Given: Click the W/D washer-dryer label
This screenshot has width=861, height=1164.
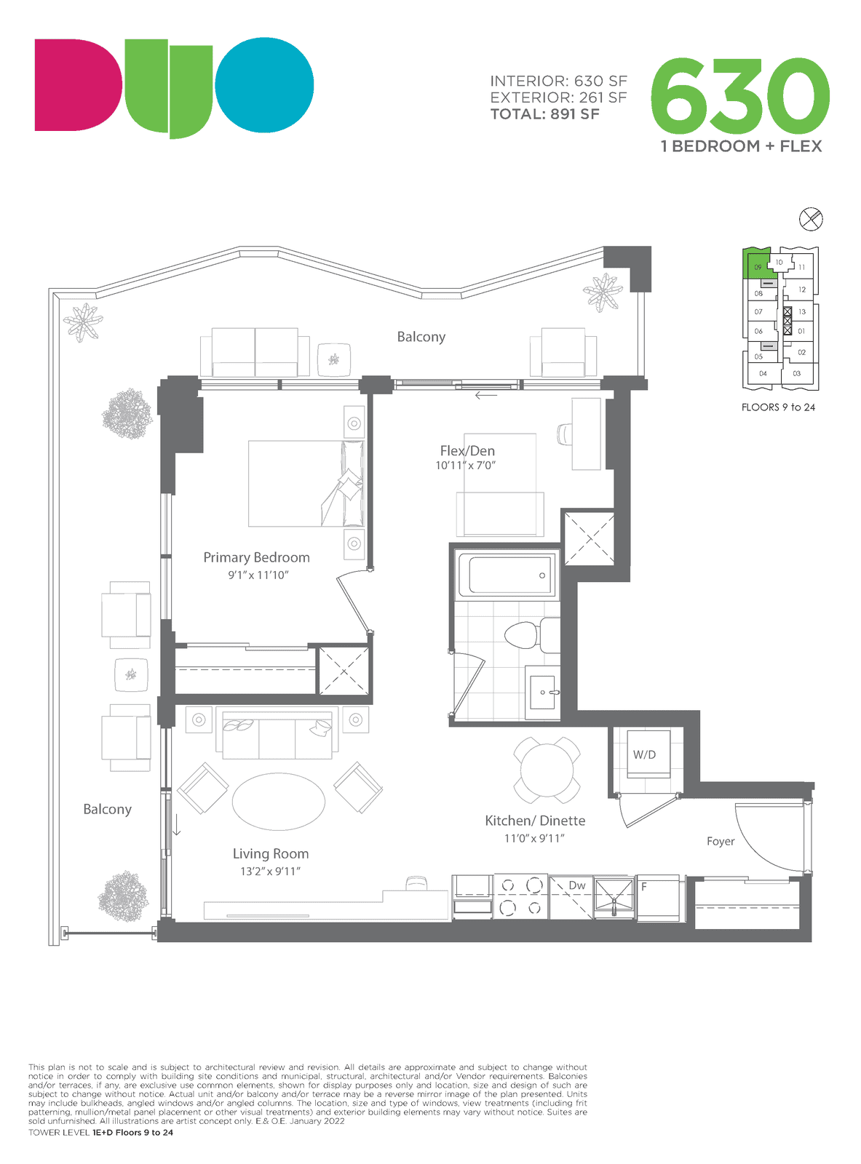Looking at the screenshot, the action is click(x=643, y=754).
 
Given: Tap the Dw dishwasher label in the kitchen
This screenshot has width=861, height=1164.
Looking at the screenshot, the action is click(x=576, y=885).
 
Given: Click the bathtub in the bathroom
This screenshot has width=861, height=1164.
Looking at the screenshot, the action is click(x=506, y=575).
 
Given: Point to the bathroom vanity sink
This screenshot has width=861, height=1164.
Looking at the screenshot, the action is click(x=542, y=692).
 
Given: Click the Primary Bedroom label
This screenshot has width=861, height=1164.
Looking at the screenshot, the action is click(x=256, y=557).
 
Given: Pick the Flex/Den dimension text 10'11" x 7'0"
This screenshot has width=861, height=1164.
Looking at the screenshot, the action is click(x=465, y=466).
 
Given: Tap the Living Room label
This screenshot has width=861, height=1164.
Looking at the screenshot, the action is click(x=270, y=854).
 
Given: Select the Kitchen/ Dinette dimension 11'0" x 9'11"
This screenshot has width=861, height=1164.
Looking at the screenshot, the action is click(x=534, y=838).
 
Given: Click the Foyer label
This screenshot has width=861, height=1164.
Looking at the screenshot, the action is click(x=721, y=841).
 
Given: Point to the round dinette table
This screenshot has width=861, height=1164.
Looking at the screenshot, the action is click(x=547, y=770).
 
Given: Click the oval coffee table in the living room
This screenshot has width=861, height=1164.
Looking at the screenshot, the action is click(x=278, y=802).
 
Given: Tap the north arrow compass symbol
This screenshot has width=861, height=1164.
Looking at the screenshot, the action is click(x=810, y=219).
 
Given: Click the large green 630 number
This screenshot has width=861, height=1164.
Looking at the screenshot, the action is click(x=739, y=96).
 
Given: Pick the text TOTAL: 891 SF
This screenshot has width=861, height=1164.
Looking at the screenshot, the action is click(x=544, y=114).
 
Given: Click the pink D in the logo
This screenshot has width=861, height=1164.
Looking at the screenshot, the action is click(x=78, y=84).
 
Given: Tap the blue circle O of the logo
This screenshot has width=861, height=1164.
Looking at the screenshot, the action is click(x=264, y=84).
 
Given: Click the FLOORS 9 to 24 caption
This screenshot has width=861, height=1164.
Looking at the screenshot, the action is click(x=777, y=407).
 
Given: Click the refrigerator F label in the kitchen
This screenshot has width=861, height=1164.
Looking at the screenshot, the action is click(x=643, y=887).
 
